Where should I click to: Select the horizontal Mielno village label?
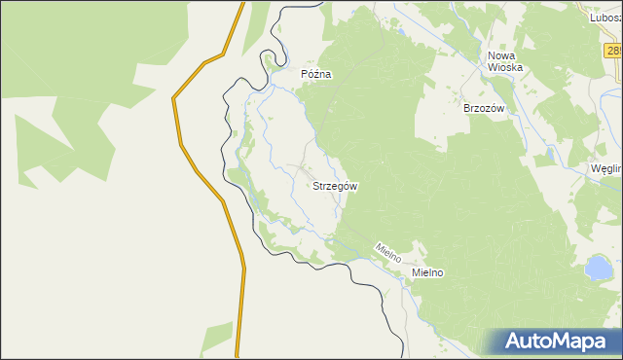pos(427,273)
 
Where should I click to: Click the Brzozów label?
pos(484,109)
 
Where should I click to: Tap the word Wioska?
pos(506,68)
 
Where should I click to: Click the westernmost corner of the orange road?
pos(174,97)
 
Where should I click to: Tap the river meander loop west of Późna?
pos(269,64)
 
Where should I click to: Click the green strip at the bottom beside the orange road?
pos(216,339)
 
